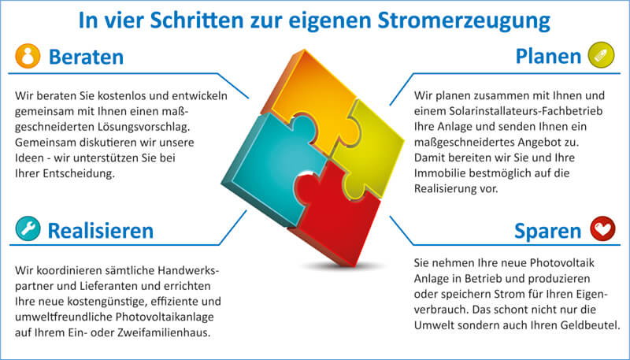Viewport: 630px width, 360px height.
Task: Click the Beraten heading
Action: [x=86, y=57]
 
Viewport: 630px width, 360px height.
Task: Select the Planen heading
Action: [x=548, y=56]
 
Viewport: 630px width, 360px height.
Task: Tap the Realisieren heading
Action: [x=101, y=231]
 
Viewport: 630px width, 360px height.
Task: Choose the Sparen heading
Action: [x=547, y=231]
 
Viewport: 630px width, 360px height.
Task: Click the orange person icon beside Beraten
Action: [x=28, y=56]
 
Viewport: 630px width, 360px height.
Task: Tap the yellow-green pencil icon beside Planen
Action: [x=601, y=55]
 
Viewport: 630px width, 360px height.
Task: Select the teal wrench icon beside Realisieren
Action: [x=28, y=228]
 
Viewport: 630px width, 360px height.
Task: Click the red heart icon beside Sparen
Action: [x=602, y=228]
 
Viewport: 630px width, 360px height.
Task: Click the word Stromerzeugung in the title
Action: [x=464, y=21]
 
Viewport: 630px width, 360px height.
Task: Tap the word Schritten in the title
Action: [x=195, y=21]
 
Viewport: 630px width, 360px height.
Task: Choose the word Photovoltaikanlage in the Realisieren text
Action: [x=165, y=317]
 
